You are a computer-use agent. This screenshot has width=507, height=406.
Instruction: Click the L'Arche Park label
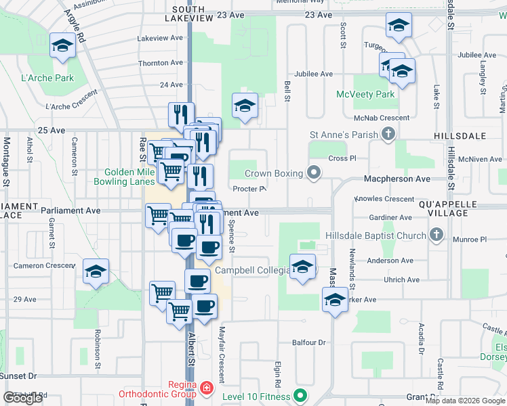point(47,78)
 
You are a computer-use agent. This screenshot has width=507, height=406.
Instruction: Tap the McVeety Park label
point(365,94)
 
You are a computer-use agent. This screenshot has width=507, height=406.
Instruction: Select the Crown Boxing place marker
point(314,173)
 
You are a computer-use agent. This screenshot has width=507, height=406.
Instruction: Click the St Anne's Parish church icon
point(388,135)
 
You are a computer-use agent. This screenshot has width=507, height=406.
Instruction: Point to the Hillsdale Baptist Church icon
point(437,235)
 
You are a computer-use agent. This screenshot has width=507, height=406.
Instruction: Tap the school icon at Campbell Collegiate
point(302,266)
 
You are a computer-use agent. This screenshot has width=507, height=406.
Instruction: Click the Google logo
point(22,397)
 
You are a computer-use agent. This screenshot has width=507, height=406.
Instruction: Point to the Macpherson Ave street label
point(397,179)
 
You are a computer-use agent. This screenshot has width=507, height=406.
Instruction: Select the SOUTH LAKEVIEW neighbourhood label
point(188,14)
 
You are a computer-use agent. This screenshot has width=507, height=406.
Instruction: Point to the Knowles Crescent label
point(384,199)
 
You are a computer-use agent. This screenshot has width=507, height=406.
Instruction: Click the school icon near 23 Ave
point(399,26)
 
